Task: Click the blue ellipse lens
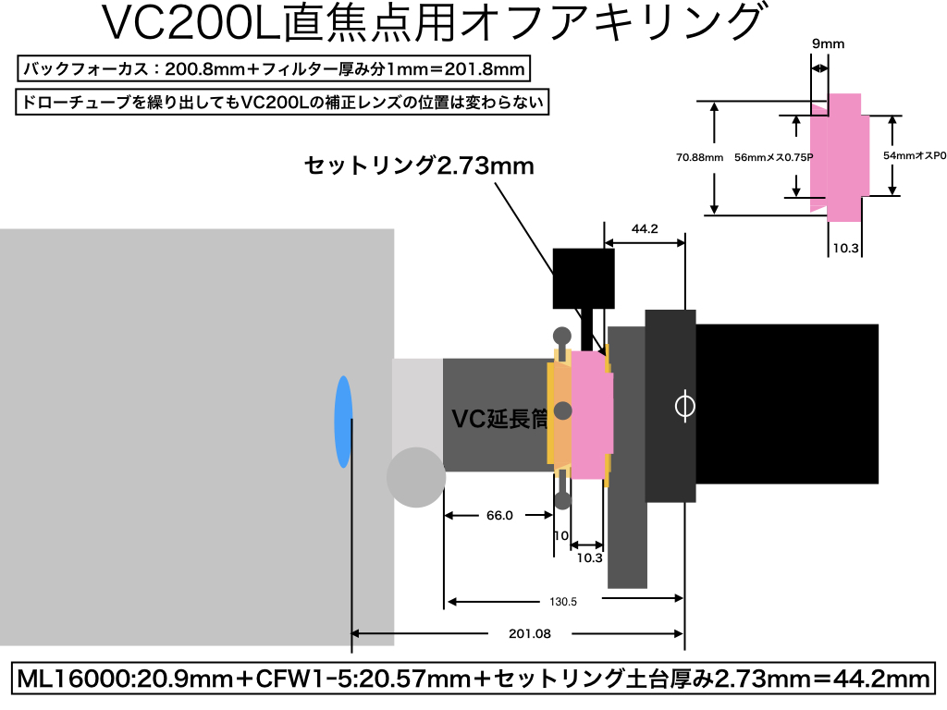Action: pos(344,422)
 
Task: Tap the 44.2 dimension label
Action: pos(645,229)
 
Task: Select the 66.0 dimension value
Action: pos(499,515)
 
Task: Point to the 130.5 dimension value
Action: pos(563,601)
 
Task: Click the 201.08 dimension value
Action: pos(530,633)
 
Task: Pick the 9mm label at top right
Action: pos(828,43)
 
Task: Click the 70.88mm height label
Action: pos(699,157)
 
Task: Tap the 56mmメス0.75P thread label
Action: pos(774,157)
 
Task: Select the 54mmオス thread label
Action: pos(915,155)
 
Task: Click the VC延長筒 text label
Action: pos(499,419)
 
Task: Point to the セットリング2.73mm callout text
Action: pos(419,165)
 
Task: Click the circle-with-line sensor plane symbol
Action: pos(684,406)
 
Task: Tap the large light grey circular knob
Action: pos(416,477)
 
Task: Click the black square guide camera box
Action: pos(584,278)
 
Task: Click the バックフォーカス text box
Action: pos(274,68)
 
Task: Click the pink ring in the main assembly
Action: pos(592,415)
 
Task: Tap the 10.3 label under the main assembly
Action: pos(589,557)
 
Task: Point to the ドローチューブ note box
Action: pos(282,102)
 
